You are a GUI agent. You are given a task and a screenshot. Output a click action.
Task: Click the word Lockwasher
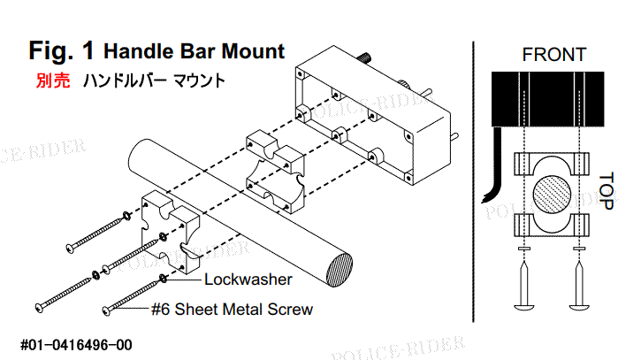point(248,280)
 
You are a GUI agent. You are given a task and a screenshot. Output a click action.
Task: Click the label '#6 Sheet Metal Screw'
point(232,310)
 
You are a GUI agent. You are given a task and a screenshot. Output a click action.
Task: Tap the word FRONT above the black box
point(554,55)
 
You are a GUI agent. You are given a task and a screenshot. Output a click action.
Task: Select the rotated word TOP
point(607,191)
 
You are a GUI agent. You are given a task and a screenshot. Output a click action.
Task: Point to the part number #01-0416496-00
point(76,345)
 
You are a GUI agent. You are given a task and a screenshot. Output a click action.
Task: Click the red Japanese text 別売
point(53,80)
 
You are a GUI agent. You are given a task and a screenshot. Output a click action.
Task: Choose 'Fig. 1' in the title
point(61,50)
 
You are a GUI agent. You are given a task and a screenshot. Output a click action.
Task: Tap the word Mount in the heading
point(253,51)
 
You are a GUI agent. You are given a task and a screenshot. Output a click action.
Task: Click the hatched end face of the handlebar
point(340,271)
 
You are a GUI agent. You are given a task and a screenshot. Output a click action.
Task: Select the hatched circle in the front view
point(552,195)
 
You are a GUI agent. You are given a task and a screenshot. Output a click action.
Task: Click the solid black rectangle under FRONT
point(548,99)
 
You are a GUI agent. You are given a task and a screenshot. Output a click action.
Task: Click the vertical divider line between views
point(473,181)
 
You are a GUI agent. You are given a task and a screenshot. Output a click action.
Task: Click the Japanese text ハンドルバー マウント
point(154,80)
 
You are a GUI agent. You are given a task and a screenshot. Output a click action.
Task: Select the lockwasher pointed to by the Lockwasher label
point(163,279)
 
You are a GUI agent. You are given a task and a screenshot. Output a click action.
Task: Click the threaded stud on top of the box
point(364,59)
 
